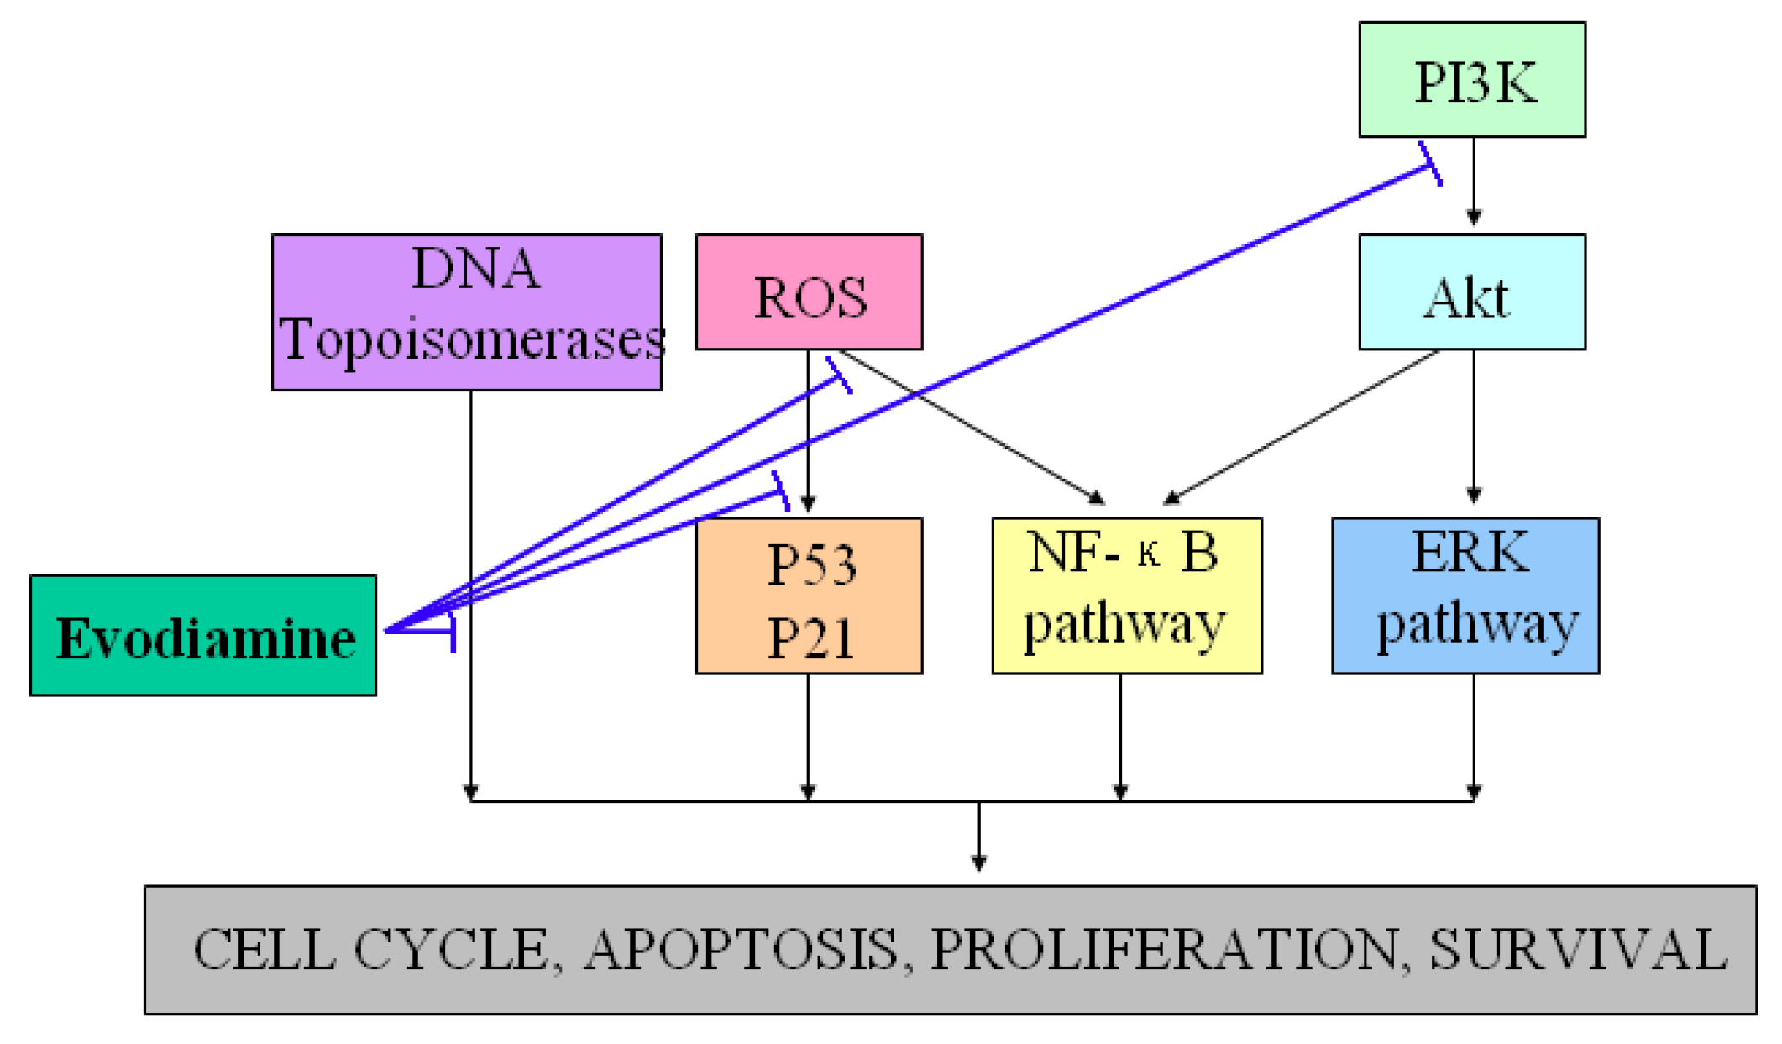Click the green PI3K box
(x=1471, y=80)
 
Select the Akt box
(x=1471, y=292)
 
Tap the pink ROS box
(x=809, y=292)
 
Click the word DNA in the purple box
(x=475, y=270)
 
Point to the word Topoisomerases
(x=472, y=339)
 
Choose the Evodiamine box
(x=203, y=636)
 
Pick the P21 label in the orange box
(x=811, y=637)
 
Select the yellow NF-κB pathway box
(x=1126, y=595)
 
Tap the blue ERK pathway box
(x=1465, y=595)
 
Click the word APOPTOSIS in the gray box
(x=740, y=950)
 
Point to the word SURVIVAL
(x=1578, y=950)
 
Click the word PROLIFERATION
(x=1163, y=950)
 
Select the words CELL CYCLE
(x=370, y=950)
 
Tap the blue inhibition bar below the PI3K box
(x=1430, y=164)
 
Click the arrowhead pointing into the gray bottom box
(x=978, y=863)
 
